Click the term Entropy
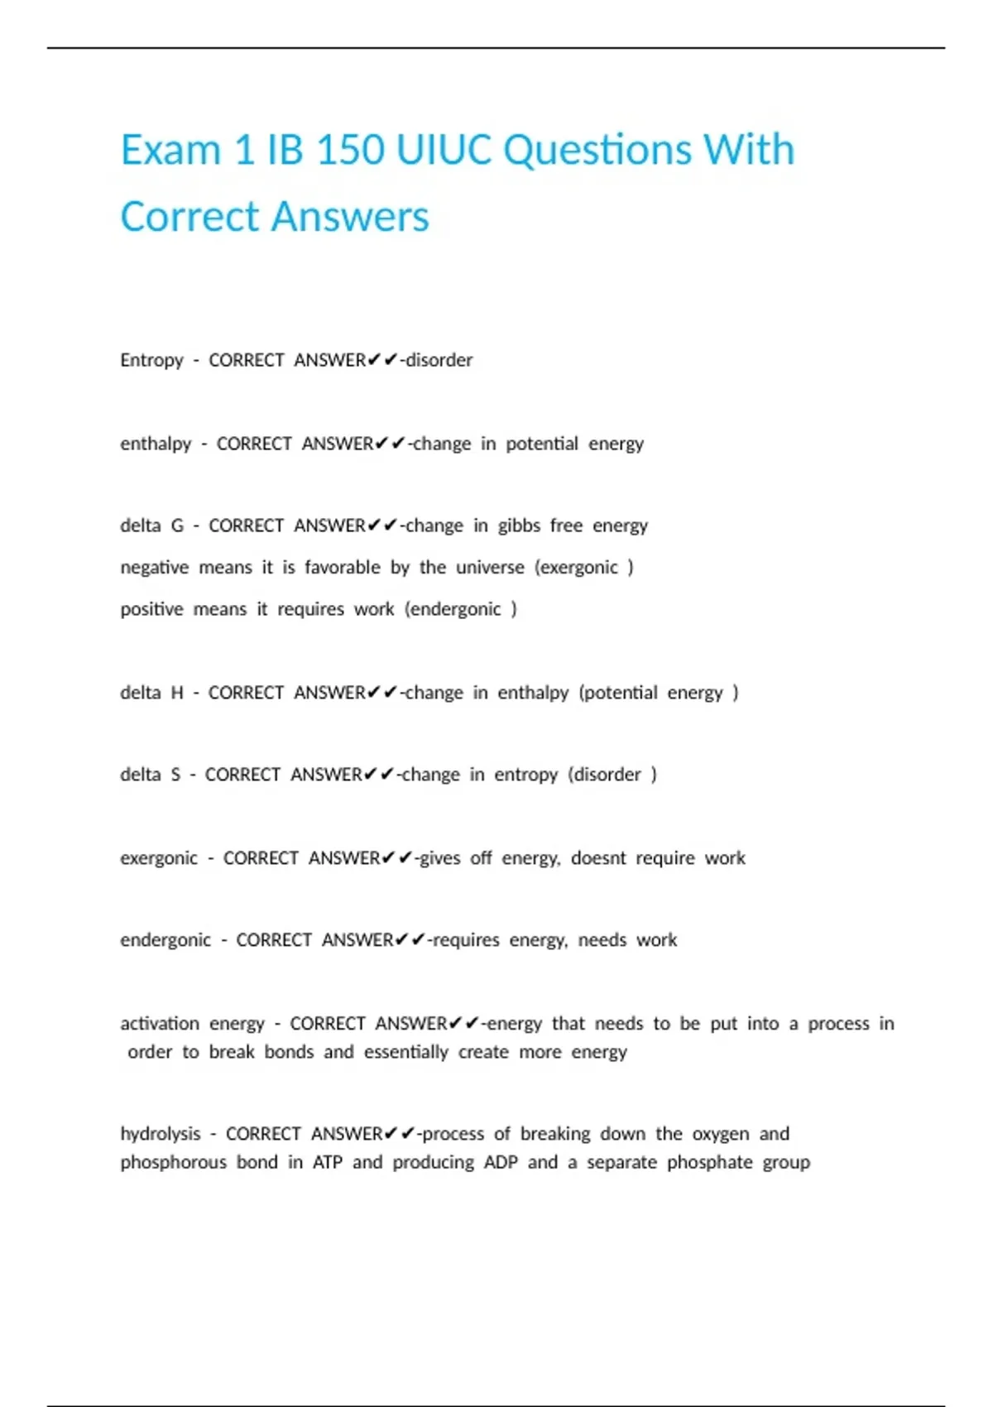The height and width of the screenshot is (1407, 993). [x=151, y=360]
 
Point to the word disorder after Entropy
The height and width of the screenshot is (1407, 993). [x=439, y=360]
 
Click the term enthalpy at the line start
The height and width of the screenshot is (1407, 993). [x=156, y=444]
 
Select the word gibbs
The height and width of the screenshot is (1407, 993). [x=519, y=526]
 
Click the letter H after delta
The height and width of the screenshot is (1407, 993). [x=177, y=692]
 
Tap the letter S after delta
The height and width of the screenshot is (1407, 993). [x=175, y=775]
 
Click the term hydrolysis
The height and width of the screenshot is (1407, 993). [x=161, y=1134]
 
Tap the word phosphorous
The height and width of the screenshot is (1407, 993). [x=173, y=1162]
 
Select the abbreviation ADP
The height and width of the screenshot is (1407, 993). [x=501, y=1162]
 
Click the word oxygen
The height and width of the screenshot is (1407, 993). [x=721, y=1134]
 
